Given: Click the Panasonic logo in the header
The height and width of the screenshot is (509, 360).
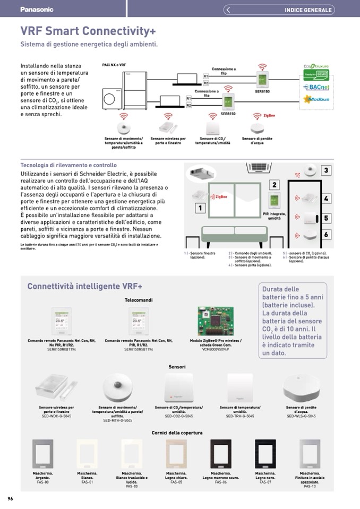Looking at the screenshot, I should pyautogui.click(x=37, y=10).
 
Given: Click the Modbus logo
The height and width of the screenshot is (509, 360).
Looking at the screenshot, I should pyautogui.click(x=316, y=99).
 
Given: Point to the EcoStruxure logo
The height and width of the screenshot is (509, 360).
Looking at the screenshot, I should pyautogui.click(x=316, y=66).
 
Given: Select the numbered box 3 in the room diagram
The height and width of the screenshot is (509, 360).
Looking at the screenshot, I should pyautogui.click(x=327, y=170).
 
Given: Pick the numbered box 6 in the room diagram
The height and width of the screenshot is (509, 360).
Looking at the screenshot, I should pyautogui.click(x=327, y=235).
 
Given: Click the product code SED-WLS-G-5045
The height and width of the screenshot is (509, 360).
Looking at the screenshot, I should pyautogui.click(x=301, y=416).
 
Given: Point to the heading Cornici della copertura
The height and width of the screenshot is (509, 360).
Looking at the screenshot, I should pyautogui.click(x=177, y=433).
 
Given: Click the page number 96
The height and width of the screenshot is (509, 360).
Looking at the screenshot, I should pyautogui.click(x=10, y=498).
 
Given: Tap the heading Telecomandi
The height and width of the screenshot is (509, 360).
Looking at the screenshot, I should pyautogui.click(x=139, y=300).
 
